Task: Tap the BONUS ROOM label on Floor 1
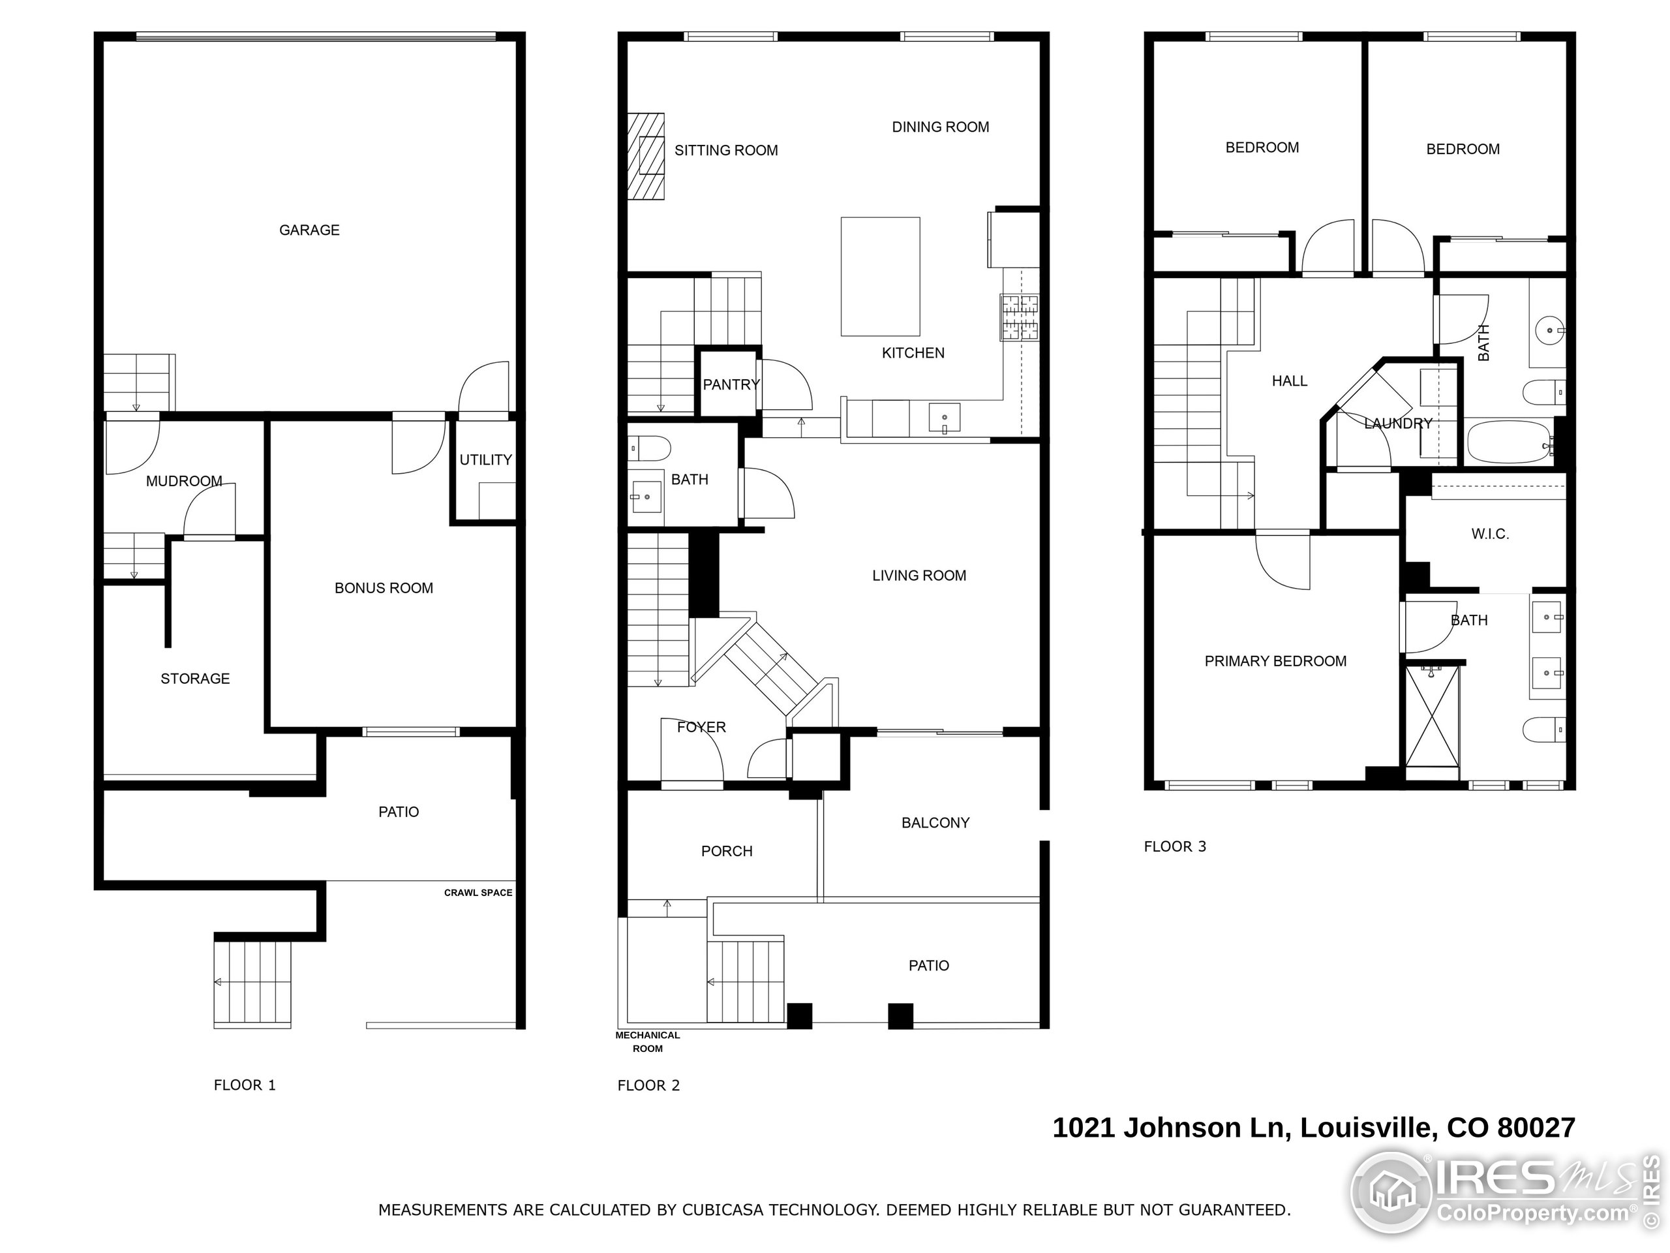384,587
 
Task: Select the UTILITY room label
485,459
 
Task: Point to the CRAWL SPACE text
478,892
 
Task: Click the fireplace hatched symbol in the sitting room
647,157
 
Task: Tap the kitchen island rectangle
880,277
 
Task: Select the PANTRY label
730,384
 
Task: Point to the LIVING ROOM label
918,576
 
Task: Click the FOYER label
701,726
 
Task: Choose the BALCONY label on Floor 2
935,822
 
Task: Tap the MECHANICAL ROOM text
647,1042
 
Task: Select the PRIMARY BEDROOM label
1275,661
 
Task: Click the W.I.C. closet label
1489,534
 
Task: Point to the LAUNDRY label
1397,424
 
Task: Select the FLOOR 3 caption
1175,846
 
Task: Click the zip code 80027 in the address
1536,1128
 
